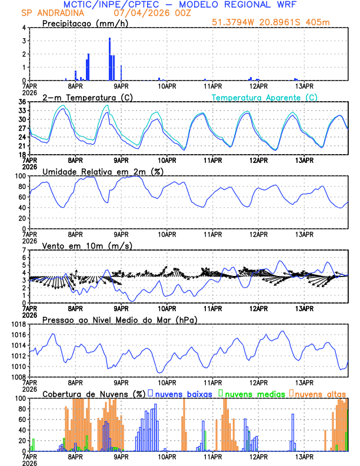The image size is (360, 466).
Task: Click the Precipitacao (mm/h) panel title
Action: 85,23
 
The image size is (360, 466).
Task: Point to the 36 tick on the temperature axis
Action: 22,102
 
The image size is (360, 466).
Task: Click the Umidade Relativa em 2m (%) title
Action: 103,171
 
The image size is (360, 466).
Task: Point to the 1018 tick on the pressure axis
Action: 18,324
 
